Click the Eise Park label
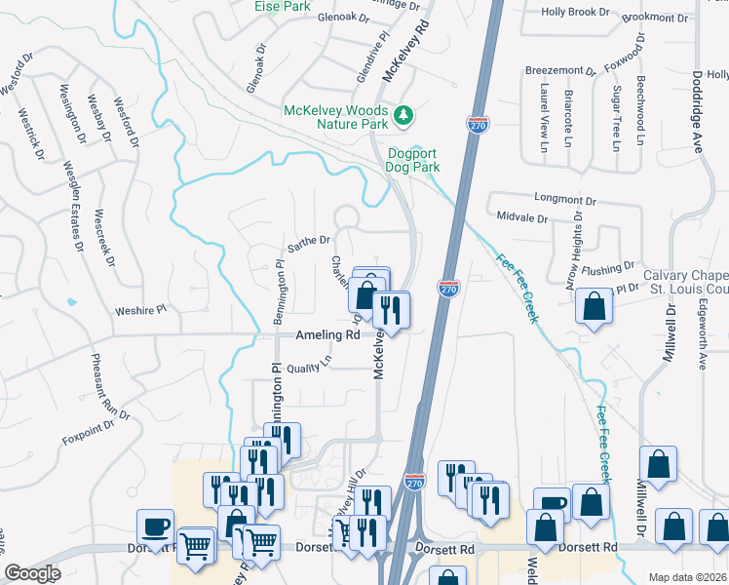pos(282,6)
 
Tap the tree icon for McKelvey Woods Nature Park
pos(403,118)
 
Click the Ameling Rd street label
pos(327,334)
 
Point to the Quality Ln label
pos(310,366)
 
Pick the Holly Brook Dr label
pos(575,12)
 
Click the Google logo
pos(33,573)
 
